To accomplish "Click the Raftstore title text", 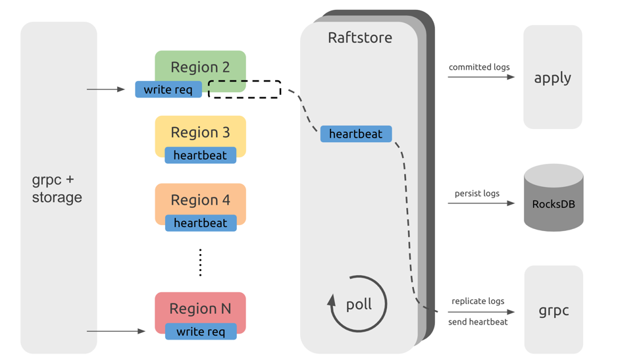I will [x=359, y=38].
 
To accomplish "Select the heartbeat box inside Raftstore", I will [x=355, y=134].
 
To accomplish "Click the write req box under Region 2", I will [x=168, y=90].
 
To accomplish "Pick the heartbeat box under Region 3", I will [x=200, y=155].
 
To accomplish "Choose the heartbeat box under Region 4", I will [x=200, y=223].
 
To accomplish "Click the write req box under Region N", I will [x=200, y=332].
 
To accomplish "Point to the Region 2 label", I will [x=200, y=67].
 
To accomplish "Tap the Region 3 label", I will [x=200, y=132].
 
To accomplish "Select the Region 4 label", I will [x=200, y=200].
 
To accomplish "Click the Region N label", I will [x=200, y=309].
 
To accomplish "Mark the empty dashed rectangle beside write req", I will [x=245, y=90].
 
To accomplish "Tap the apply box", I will [x=553, y=78].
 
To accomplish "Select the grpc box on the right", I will [x=554, y=310].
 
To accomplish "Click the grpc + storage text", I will [x=57, y=188].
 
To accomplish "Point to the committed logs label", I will [x=479, y=67].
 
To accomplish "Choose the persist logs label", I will [x=477, y=193].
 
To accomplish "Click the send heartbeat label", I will [x=478, y=322].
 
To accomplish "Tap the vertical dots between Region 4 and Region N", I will [x=200, y=263].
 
